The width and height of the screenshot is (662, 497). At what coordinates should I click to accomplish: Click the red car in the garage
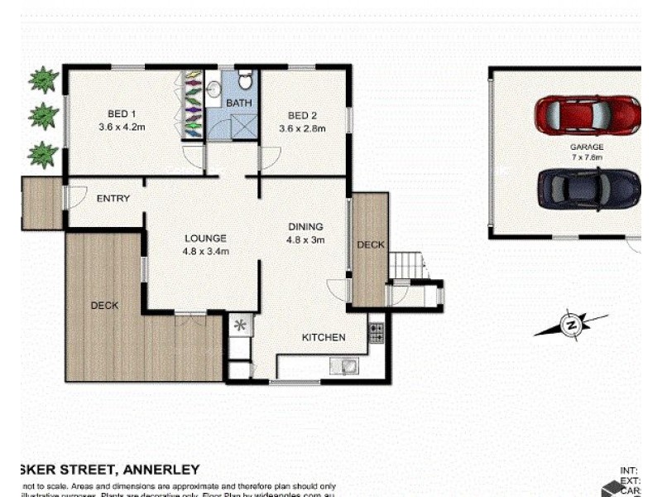pos(587,115)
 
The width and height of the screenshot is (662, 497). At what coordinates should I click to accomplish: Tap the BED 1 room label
pos(121,115)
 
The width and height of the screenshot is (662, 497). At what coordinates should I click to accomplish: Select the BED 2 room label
pos(302,116)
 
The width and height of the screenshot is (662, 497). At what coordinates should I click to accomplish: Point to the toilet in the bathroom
pos(245,81)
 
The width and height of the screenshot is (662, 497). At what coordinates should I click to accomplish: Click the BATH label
pos(238,103)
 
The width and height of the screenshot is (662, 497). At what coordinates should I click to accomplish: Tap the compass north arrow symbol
pos(570,325)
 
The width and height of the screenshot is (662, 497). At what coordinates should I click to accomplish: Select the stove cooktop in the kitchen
pos(376,333)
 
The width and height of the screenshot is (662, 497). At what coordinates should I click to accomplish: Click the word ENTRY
pos(113,199)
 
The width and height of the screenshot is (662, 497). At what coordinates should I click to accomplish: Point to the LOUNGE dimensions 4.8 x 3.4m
pos(206,251)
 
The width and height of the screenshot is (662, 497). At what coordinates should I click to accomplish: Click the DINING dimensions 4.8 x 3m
pos(305,240)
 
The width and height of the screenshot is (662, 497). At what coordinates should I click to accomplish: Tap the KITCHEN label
pos(323,337)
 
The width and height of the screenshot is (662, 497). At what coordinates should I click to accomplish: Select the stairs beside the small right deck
pos(407,266)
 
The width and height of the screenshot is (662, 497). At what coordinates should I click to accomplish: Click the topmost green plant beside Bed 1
pos(44,80)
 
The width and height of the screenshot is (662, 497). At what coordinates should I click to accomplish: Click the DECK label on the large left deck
pos(104,306)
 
